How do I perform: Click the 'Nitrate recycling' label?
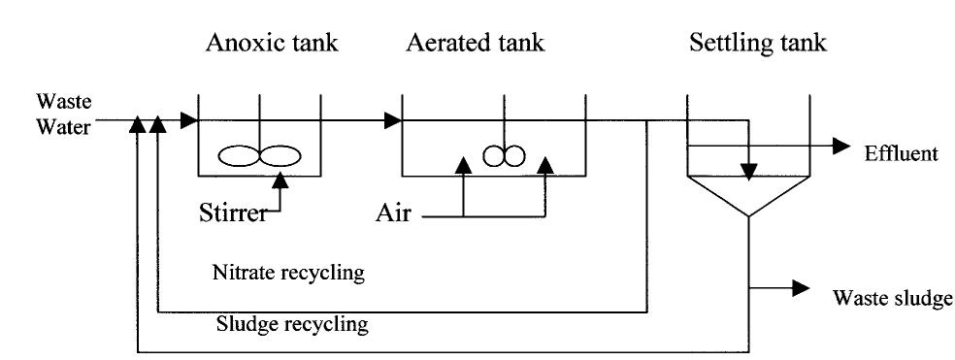coord(288,273)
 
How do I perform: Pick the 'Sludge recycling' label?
coord(292,323)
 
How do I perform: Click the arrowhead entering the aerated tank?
coord(393,121)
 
